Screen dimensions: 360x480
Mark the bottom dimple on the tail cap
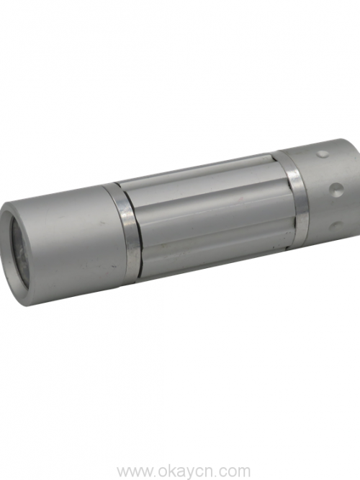point(336,226)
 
